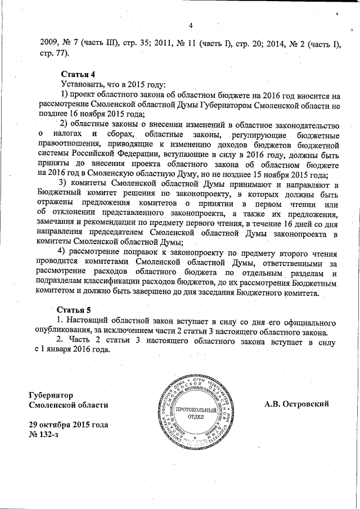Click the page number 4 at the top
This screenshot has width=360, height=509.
[x=191, y=25]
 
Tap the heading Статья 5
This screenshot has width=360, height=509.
[x=75, y=310]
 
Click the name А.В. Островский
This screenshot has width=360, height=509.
[x=296, y=404]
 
